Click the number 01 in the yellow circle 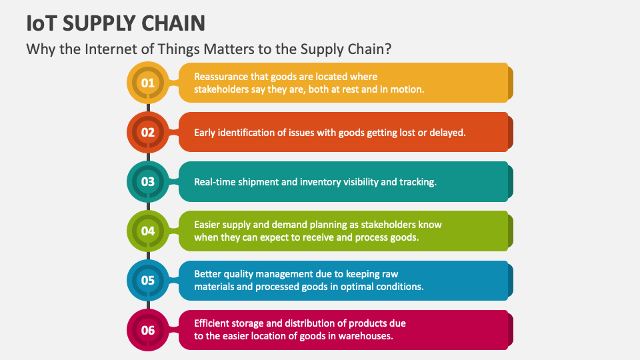click(x=147, y=83)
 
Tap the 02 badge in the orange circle click(x=147, y=132)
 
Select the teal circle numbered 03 click(x=147, y=181)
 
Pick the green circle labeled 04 click(x=147, y=231)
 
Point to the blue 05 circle click(x=147, y=280)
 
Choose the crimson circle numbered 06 click(x=147, y=329)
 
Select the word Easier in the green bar click(x=208, y=225)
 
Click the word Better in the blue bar click(x=208, y=274)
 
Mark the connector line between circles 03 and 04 click(x=147, y=206)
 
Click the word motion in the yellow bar click(x=408, y=89)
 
